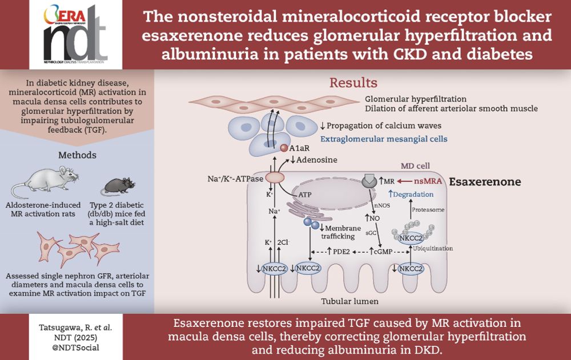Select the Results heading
(353, 83)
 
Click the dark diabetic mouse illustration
(117, 185)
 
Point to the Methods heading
(77, 155)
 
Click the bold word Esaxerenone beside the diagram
(485, 182)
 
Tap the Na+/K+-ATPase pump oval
(275, 177)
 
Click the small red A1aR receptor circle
(284, 148)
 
